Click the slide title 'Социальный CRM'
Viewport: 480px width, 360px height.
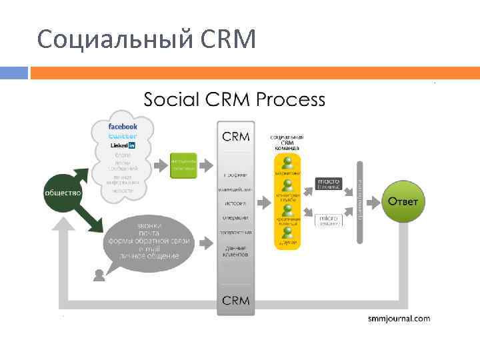pos(147,40)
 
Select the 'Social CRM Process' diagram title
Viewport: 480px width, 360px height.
pos(235,100)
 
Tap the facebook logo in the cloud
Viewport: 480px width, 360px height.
pos(123,126)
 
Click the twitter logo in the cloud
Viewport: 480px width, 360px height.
pos(123,135)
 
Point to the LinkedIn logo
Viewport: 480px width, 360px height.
pos(123,145)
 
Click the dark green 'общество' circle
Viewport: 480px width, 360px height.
pos(63,193)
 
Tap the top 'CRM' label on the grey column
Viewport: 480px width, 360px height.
pos(235,137)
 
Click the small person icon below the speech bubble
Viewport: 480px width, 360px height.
pos(99,273)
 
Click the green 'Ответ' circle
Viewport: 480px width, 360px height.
pos(403,201)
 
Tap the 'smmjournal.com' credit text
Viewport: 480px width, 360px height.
pos(399,319)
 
